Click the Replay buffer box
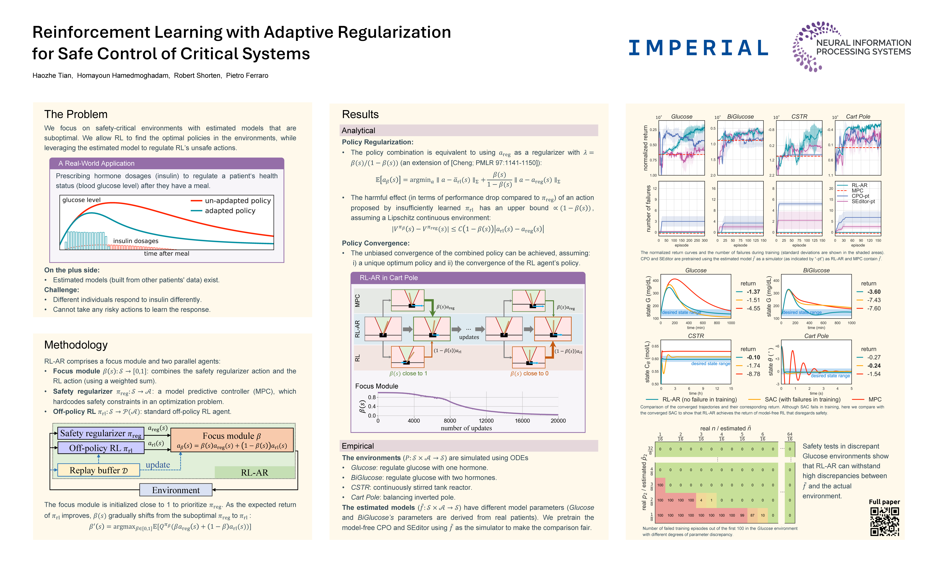[x=98, y=470]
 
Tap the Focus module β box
[x=232, y=440]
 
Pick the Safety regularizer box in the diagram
[x=100, y=433]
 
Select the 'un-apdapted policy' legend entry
[x=237, y=201]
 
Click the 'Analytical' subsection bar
[x=358, y=131]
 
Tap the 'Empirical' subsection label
[x=358, y=446]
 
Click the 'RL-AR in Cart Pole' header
[x=389, y=278]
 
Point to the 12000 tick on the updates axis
[x=486, y=421]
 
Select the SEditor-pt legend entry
[x=863, y=202]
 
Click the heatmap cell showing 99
[x=742, y=515]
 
